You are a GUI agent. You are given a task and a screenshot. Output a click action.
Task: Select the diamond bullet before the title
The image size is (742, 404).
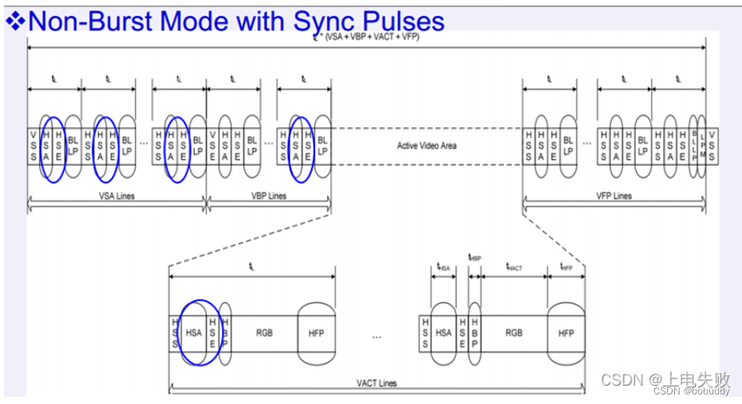tap(15, 21)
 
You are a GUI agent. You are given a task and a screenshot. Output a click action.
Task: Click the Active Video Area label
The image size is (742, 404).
tap(427, 145)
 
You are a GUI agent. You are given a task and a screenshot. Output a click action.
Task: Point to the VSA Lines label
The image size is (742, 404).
tap(116, 196)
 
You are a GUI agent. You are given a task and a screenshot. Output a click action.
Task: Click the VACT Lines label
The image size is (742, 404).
tap(377, 383)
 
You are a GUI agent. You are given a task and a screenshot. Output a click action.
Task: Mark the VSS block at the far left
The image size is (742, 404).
tap(33, 145)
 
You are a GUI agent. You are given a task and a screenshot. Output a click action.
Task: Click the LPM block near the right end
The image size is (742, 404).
tap(703, 145)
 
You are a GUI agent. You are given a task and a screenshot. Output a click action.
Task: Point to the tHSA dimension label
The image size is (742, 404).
tap(444, 269)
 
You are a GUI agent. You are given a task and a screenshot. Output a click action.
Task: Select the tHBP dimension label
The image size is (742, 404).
tap(475, 258)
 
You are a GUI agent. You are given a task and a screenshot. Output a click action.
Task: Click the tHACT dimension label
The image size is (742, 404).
tap(514, 269)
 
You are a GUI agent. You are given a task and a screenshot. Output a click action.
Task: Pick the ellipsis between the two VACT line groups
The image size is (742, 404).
tap(377, 335)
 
